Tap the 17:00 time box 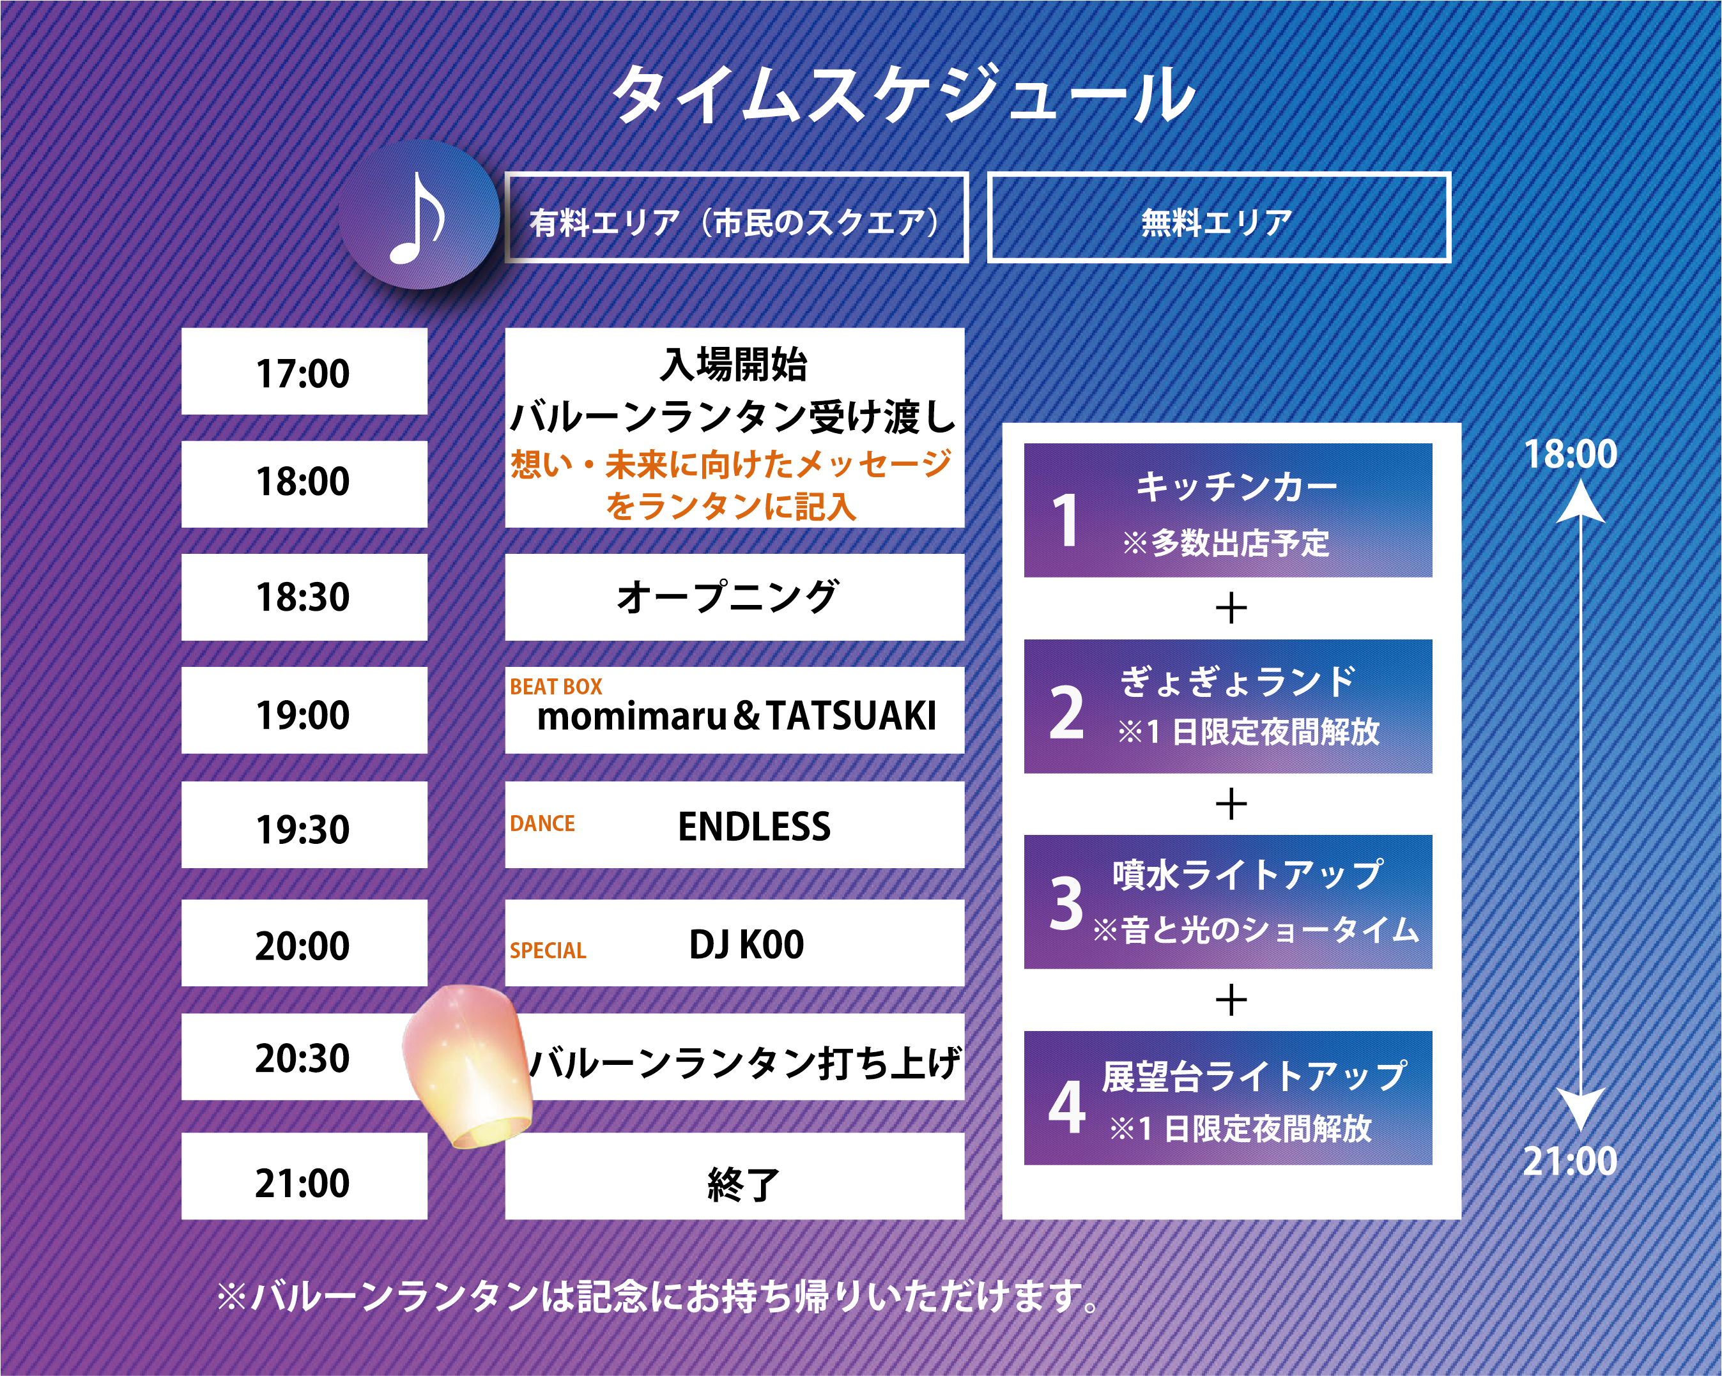pyautogui.click(x=304, y=371)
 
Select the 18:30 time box pyautogui.click(x=304, y=597)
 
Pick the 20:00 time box pyautogui.click(x=304, y=943)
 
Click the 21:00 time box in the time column pyautogui.click(x=304, y=1176)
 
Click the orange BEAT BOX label pyautogui.click(x=556, y=687)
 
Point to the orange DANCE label pyautogui.click(x=542, y=823)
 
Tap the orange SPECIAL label pyautogui.click(x=548, y=951)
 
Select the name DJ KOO pyautogui.click(x=747, y=945)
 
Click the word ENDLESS pyautogui.click(x=754, y=827)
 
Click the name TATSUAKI pyautogui.click(x=851, y=715)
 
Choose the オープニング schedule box pyautogui.click(x=735, y=597)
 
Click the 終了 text pyautogui.click(x=742, y=1184)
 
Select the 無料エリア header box pyautogui.click(x=1219, y=217)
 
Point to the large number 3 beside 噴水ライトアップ pyautogui.click(x=1067, y=903)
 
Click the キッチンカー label pyautogui.click(x=1236, y=485)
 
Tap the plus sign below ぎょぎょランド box pyautogui.click(x=1232, y=804)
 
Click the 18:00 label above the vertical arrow pyautogui.click(x=1571, y=454)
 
